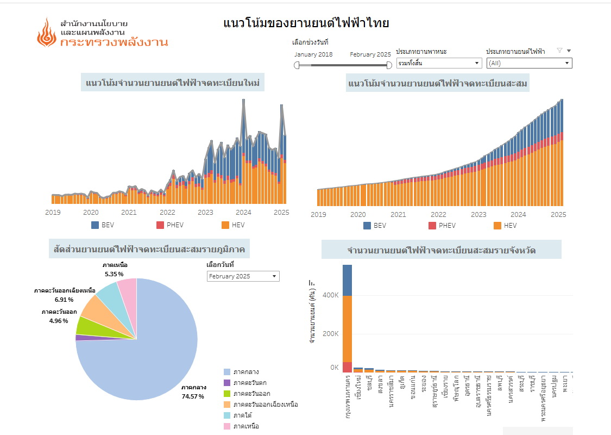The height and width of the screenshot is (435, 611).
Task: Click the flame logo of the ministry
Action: tap(46, 33)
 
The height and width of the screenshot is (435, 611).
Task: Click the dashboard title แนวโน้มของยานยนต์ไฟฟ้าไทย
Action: tap(306, 23)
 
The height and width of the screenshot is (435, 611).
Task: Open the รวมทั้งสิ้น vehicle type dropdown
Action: tap(439, 63)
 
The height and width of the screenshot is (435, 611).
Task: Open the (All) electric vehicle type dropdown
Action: tap(529, 63)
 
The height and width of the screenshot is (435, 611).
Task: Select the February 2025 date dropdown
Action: tap(243, 276)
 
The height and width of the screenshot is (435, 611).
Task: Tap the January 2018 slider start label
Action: tap(313, 54)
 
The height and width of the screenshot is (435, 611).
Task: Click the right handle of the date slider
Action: tap(389, 65)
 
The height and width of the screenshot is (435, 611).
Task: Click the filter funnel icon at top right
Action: tap(559, 51)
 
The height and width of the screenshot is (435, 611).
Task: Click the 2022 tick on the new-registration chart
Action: tap(167, 213)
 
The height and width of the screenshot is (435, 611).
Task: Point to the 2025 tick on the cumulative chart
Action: tap(558, 214)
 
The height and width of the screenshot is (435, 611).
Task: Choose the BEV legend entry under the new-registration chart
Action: tap(103, 225)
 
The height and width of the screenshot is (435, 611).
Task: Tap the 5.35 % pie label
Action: tap(115, 274)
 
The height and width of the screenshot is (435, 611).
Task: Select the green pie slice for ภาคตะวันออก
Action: tap(86, 326)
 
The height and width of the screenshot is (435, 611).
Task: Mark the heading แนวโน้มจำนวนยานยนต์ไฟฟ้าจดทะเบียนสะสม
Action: tap(438, 83)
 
